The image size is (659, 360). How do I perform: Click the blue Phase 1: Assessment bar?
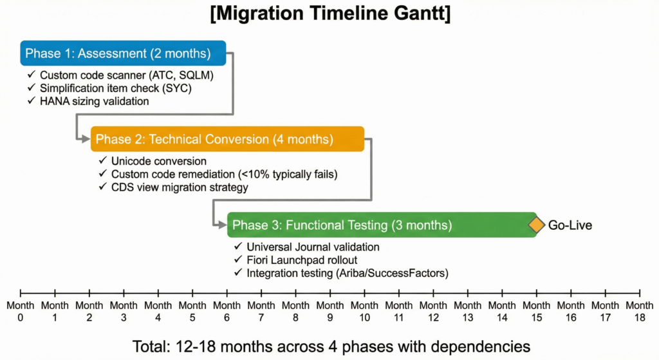[x=122, y=53]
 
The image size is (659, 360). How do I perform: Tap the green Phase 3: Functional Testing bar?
[x=382, y=225]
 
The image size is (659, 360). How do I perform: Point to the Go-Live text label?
[x=570, y=225]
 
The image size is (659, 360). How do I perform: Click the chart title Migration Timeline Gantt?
[x=329, y=14]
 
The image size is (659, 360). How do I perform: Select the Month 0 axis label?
[x=21, y=310]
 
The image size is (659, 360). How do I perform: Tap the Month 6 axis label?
[x=227, y=310]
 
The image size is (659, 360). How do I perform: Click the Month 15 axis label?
[x=536, y=310]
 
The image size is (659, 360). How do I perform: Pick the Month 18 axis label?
[x=639, y=310]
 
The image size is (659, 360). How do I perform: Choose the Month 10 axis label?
[x=364, y=310]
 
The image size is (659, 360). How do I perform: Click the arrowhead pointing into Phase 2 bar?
[x=86, y=138]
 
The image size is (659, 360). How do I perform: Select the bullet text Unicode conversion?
[x=159, y=161]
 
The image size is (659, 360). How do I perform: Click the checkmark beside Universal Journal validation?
[x=237, y=247]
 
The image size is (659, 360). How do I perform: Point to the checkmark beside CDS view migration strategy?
[x=102, y=187]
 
